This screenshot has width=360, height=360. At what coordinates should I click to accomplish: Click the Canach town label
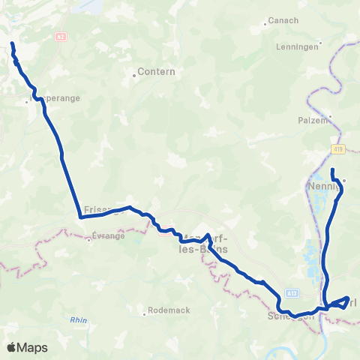click(283, 20)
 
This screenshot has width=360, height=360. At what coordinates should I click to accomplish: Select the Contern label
click(157, 72)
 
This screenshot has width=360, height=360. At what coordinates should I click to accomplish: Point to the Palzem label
click(313, 119)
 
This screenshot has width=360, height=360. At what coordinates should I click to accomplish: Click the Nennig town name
click(322, 185)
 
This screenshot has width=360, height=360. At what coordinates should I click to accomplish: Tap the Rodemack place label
click(169, 310)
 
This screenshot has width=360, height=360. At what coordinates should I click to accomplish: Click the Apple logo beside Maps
click(12, 347)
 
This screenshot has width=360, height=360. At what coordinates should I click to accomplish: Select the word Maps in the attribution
click(34, 347)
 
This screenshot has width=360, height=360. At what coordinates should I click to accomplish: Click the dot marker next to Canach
click(265, 25)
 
